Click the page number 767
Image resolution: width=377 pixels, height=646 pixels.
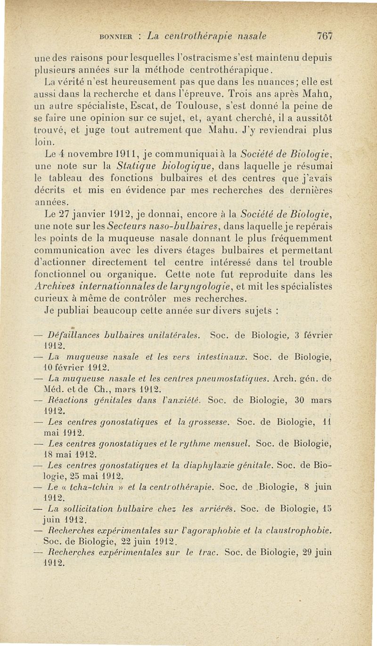coord(325,36)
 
